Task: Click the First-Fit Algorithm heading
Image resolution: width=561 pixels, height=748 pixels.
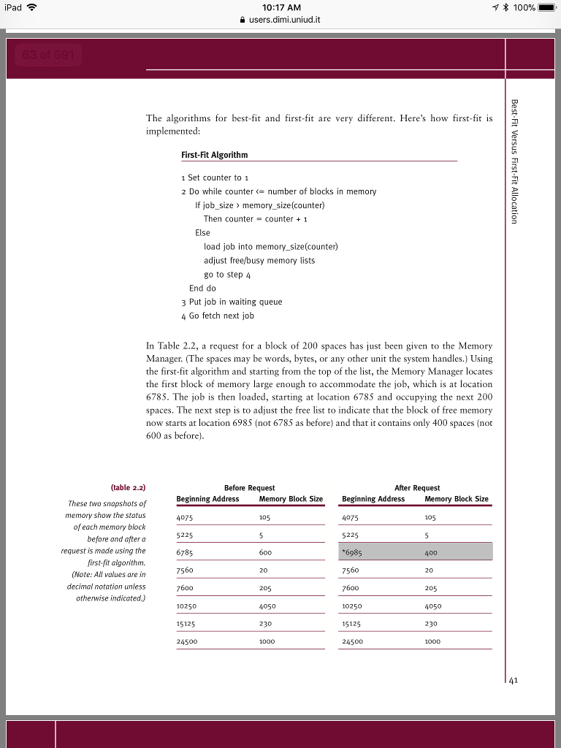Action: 214,155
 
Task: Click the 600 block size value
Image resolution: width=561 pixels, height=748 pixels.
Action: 264,552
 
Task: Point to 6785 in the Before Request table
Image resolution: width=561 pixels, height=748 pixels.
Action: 185,552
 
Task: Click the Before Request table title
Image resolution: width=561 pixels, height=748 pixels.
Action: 249,487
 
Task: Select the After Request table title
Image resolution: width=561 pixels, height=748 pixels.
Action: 416,487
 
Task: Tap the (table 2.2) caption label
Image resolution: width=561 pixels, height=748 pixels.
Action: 128,487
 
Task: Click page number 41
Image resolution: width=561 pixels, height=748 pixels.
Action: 514,680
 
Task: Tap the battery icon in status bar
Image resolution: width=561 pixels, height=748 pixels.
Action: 547,7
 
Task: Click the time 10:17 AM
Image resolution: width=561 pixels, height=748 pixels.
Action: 280,7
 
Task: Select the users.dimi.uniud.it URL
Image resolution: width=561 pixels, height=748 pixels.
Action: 285,20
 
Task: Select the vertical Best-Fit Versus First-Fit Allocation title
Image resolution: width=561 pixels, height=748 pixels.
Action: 515,161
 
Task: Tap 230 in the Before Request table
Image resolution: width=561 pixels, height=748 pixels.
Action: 264,623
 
